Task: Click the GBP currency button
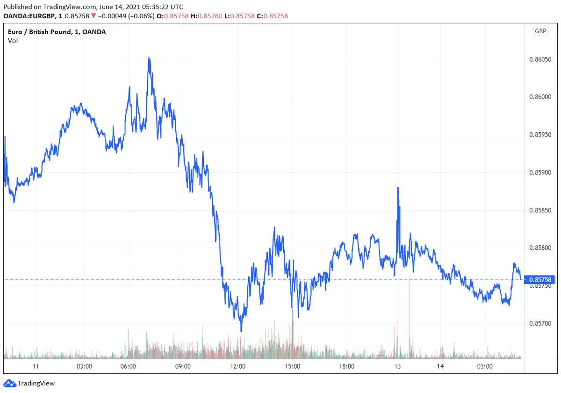540,31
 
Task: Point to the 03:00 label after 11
85,367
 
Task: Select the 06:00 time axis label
128,367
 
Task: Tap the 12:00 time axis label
238,367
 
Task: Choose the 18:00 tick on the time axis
347,367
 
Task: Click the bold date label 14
440,367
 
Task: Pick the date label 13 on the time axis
398,367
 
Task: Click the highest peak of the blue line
149,58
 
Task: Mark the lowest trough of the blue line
241,331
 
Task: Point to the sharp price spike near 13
398,188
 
